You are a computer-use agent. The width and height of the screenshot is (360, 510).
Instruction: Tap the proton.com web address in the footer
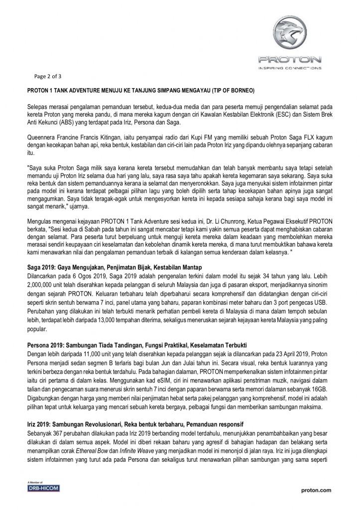pyautogui.click(x=317, y=490)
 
